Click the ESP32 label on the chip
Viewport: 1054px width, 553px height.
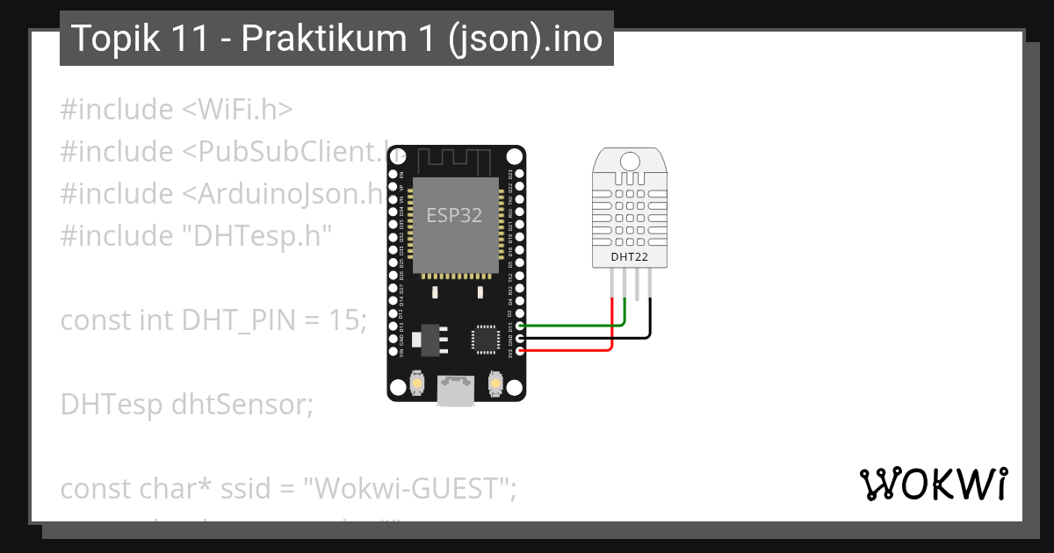point(454,215)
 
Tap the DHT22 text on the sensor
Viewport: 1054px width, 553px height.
point(629,257)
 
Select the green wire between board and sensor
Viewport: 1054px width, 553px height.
point(571,325)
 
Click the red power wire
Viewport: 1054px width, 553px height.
point(571,350)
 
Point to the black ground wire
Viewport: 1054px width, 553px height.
point(597,337)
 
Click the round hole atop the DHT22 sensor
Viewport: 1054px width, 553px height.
point(630,161)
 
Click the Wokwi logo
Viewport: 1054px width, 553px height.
point(933,484)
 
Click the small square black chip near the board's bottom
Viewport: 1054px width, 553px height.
point(485,340)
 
